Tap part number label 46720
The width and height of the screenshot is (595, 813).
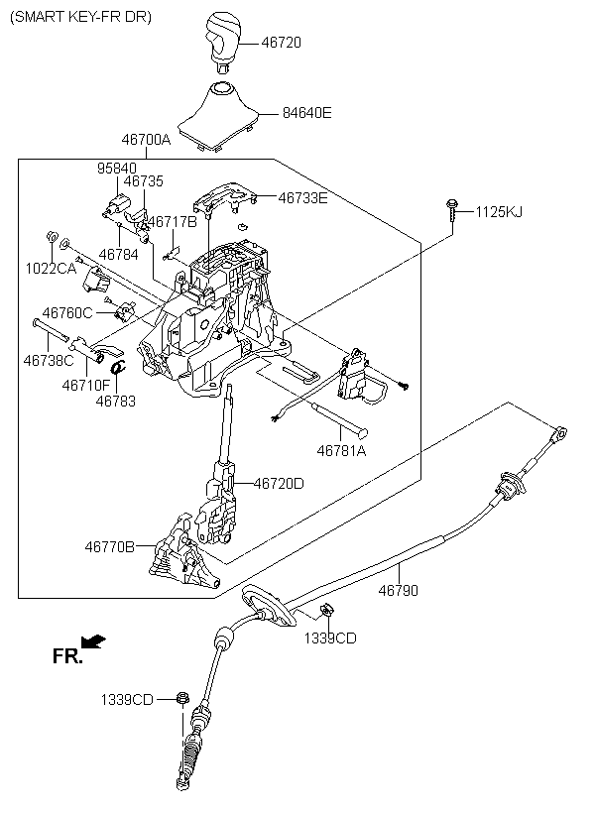pyautogui.click(x=281, y=43)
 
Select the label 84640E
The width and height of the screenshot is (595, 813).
pyautogui.click(x=306, y=112)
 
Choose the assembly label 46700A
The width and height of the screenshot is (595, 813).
pyautogui.click(x=146, y=140)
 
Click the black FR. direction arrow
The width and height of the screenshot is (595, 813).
pyautogui.click(x=94, y=641)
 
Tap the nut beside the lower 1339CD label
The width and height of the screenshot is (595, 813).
pyautogui.click(x=181, y=698)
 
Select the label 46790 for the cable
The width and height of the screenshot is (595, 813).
pyautogui.click(x=398, y=590)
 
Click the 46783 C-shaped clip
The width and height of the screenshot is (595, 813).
pyautogui.click(x=118, y=367)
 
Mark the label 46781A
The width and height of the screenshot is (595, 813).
pyautogui.click(x=341, y=451)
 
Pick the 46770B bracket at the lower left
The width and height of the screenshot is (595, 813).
pyautogui.click(x=183, y=553)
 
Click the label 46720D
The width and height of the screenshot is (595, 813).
pyautogui.click(x=279, y=483)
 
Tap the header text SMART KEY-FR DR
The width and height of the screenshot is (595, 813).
pyautogui.click(x=81, y=17)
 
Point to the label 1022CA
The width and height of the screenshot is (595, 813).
pyautogui.click(x=51, y=269)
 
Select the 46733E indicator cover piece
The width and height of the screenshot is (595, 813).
pyautogui.click(x=225, y=197)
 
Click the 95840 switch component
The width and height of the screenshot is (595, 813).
pyautogui.click(x=114, y=205)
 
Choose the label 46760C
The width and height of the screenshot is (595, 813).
pyautogui.click(x=67, y=313)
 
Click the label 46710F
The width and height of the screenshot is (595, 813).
pyautogui.click(x=86, y=386)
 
